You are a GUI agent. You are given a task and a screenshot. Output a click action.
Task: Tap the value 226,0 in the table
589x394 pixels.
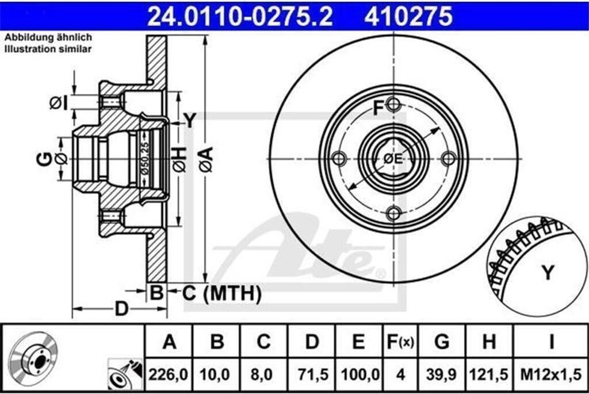pos(169,374)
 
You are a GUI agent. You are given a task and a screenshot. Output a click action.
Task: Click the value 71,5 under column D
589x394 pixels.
pos(312,374)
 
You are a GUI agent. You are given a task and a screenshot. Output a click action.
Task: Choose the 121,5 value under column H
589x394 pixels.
pos(489,374)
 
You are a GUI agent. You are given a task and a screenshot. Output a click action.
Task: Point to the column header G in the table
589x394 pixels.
pos(441,342)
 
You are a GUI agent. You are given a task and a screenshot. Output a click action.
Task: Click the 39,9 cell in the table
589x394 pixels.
pos(441,374)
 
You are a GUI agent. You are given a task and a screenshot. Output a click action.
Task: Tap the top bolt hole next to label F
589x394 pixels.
pos(393,105)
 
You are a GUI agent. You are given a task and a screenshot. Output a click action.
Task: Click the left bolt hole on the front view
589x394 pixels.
pos(339,159)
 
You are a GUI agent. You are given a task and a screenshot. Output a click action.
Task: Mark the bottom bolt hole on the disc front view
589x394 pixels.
pos(393,213)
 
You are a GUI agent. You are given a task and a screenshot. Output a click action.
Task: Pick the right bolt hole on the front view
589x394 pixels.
pos(448,159)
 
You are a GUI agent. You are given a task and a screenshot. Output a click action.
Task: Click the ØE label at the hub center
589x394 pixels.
pos(393,159)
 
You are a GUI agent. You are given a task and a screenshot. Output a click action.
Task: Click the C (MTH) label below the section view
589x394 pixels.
pos(222,293)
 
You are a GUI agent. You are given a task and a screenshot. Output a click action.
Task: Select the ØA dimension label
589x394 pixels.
pos(206,159)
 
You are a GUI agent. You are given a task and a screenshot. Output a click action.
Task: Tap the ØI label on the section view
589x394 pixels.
pos(58,103)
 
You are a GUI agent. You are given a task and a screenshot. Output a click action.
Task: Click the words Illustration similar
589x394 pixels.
pos(48,49)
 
